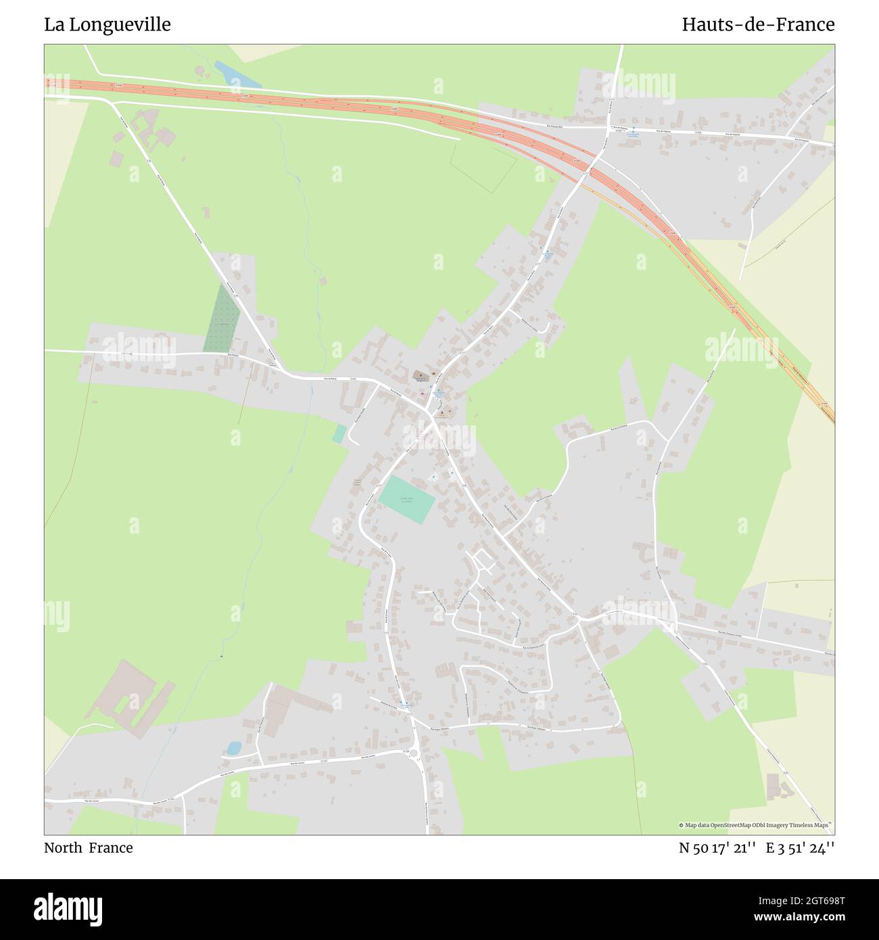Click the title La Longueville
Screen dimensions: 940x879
[108, 25]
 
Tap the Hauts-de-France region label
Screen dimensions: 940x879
[757, 25]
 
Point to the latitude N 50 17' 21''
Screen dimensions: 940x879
[717, 848]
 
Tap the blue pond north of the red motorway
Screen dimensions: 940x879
[237, 74]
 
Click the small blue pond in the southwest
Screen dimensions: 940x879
[233, 748]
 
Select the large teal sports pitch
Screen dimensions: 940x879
[406, 500]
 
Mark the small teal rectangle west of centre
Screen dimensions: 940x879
[339, 433]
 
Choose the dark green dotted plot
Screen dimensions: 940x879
[222, 318]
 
